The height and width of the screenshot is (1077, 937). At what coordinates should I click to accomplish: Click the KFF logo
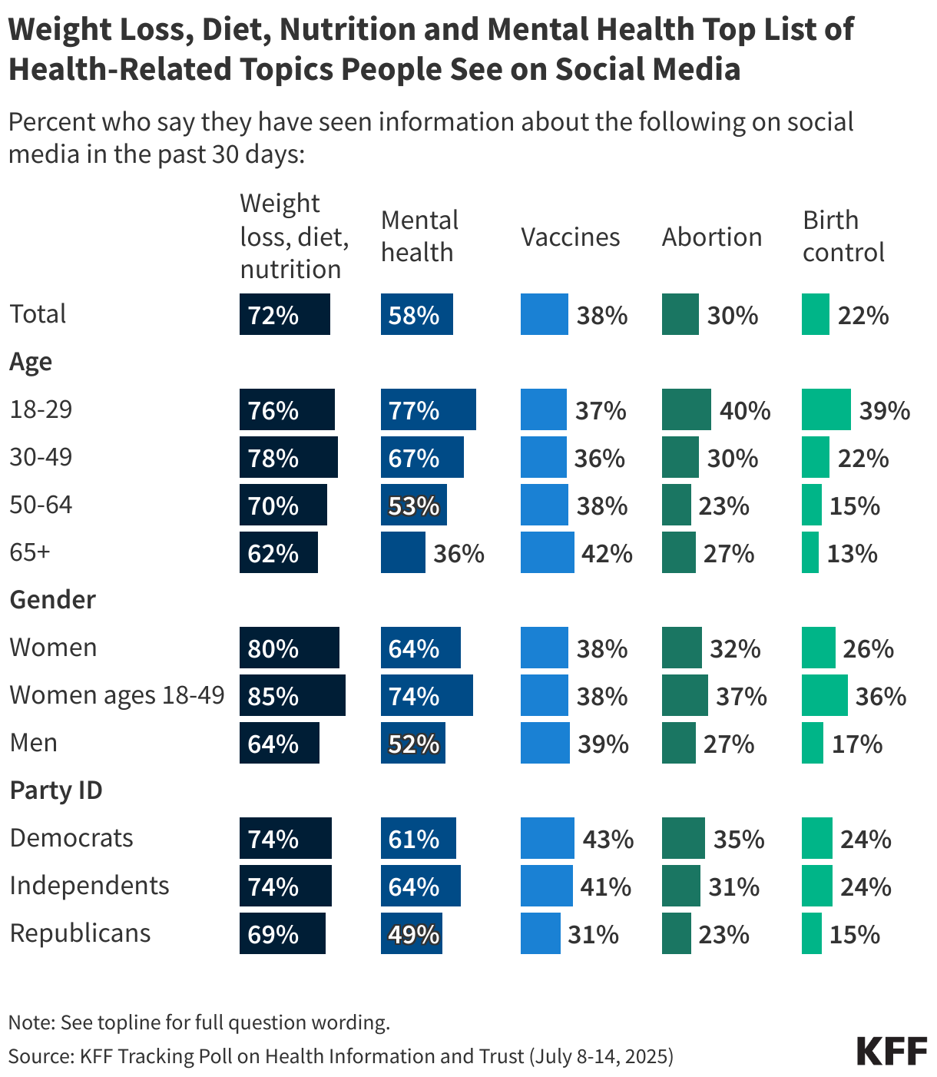tap(892, 1051)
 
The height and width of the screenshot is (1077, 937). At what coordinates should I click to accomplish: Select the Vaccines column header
tap(570, 237)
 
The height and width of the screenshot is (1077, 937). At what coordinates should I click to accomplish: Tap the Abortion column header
tap(711, 237)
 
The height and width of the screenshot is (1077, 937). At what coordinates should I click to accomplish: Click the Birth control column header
tap(843, 236)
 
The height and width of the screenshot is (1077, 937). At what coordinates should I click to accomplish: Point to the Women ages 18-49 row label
tap(117, 695)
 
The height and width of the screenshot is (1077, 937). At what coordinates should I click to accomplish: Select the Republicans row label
tap(80, 933)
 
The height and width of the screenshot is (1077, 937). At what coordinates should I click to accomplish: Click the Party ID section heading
tap(55, 790)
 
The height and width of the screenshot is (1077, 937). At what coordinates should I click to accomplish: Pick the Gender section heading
tap(52, 600)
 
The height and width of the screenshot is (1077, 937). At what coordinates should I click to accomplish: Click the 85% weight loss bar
tap(292, 695)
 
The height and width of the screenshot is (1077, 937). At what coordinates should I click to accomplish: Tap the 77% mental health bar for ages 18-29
tap(428, 409)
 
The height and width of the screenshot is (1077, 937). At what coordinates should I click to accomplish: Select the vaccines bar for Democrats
tap(547, 838)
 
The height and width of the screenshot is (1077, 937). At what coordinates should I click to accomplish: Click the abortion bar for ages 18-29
tap(686, 409)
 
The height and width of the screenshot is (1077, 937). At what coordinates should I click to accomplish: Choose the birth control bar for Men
tap(812, 743)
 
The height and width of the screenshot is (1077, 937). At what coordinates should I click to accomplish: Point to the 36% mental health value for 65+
tap(459, 554)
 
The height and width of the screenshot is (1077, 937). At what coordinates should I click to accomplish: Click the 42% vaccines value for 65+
tap(607, 554)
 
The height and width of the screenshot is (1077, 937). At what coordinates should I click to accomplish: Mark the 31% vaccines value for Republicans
tap(593, 935)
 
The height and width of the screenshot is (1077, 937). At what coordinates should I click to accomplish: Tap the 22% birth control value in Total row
tap(863, 316)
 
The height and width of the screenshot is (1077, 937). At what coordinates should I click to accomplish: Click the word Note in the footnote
tap(29, 1022)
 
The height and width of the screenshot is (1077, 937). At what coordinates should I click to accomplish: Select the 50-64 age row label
tap(41, 505)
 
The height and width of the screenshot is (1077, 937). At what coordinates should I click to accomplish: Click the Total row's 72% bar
tap(284, 314)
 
